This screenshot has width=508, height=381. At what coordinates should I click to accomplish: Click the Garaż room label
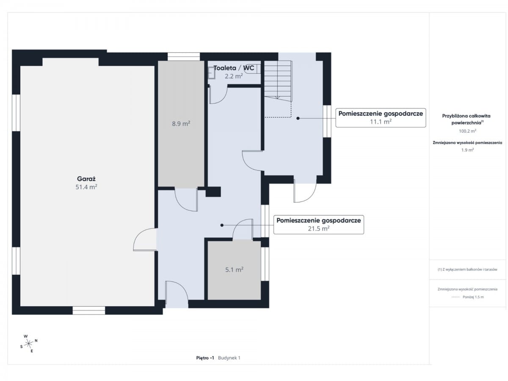(86, 179)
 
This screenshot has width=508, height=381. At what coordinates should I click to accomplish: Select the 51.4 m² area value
(86, 187)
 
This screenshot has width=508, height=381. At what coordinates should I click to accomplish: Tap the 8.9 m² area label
(181, 124)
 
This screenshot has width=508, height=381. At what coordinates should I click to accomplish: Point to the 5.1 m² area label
(234, 270)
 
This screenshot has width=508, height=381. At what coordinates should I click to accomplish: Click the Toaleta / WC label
(234, 68)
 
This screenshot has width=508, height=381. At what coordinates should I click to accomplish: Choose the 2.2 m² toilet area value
(234, 76)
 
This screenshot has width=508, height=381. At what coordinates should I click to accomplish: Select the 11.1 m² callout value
(381, 121)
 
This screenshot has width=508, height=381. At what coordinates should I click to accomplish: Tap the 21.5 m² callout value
(318, 229)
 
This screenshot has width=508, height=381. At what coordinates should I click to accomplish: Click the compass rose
(29, 343)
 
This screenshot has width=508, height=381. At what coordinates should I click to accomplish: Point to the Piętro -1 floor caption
(205, 358)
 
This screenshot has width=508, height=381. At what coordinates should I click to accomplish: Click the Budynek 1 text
(229, 358)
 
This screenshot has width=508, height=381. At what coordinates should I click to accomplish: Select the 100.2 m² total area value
(467, 131)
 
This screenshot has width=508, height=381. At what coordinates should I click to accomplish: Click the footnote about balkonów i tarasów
(467, 269)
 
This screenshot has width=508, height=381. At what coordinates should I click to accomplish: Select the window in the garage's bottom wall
(88, 310)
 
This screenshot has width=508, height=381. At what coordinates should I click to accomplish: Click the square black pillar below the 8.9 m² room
(213, 192)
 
